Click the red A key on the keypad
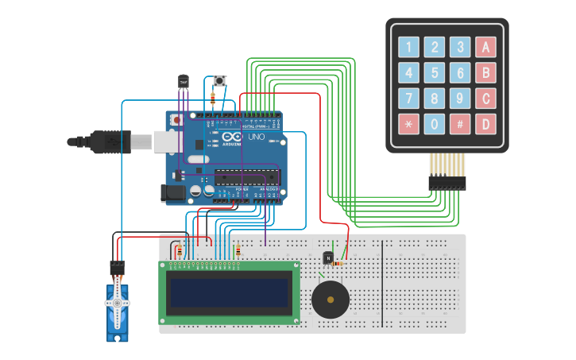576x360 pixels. (x=485, y=47)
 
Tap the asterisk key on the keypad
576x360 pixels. (x=409, y=124)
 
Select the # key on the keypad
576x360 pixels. (x=460, y=124)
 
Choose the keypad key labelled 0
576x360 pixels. (x=435, y=124)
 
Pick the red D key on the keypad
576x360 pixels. (x=485, y=124)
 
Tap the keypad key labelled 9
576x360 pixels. (x=460, y=99)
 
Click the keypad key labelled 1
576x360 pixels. (x=409, y=47)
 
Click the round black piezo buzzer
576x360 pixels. (x=330, y=300)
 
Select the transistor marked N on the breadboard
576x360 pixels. (x=328, y=258)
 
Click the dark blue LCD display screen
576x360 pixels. (x=229, y=292)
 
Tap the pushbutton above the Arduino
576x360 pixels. (x=219, y=80)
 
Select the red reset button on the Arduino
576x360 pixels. (x=176, y=120)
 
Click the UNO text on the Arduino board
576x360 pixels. (x=257, y=137)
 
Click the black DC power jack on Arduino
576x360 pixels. (x=172, y=192)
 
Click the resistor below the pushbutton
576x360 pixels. (x=213, y=99)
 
